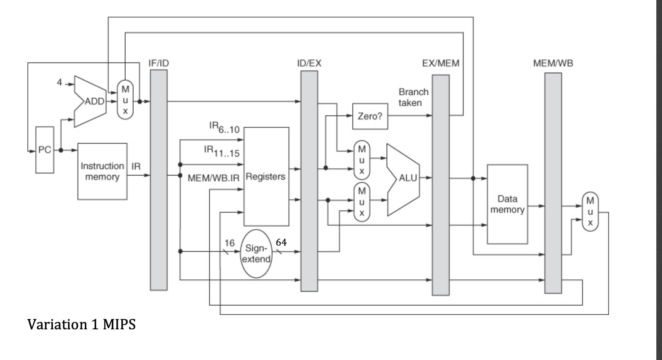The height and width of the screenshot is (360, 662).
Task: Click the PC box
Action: pyautogui.click(x=45, y=150)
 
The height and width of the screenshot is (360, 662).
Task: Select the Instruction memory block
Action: pyautogui.click(x=102, y=171)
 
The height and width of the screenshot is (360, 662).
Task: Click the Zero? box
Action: pyautogui.click(x=370, y=116)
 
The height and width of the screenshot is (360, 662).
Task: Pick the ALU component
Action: pyautogui.click(x=404, y=178)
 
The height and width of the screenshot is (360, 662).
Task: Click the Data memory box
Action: pyautogui.click(x=507, y=204)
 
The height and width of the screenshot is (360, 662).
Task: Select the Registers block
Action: pyautogui.click(x=266, y=177)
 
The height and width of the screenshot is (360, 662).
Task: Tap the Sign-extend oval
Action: pyautogui.click(x=256, y=254)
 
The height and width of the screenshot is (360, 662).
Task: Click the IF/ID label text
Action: pyautogui.click(x=159, y=63)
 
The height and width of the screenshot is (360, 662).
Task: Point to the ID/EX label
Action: pyautogui.click(x=309, y=63)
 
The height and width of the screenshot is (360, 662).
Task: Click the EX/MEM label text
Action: pyautogui.click(x=441, y=63)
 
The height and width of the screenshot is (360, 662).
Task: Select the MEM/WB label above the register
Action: pyautogui.click(x=553, y=63)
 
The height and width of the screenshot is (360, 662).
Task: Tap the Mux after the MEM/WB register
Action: pyautogui.click(x=590, y=211)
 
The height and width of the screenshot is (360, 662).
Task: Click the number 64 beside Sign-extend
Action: pyautogui.click(x=281, y=242)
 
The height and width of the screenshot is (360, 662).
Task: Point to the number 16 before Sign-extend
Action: pyautogui.click(x=230, y=243)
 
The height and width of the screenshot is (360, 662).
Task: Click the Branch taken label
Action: pyautogui.click(x=413, y=97)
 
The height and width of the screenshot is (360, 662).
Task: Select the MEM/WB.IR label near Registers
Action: pyautogui.click(x=214, y=178)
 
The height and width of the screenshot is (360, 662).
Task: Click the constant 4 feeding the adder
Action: pyautogui.click(x=59, y=82)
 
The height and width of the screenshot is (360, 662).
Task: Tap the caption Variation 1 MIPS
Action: pyautogui.click(x=81, y=324)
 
